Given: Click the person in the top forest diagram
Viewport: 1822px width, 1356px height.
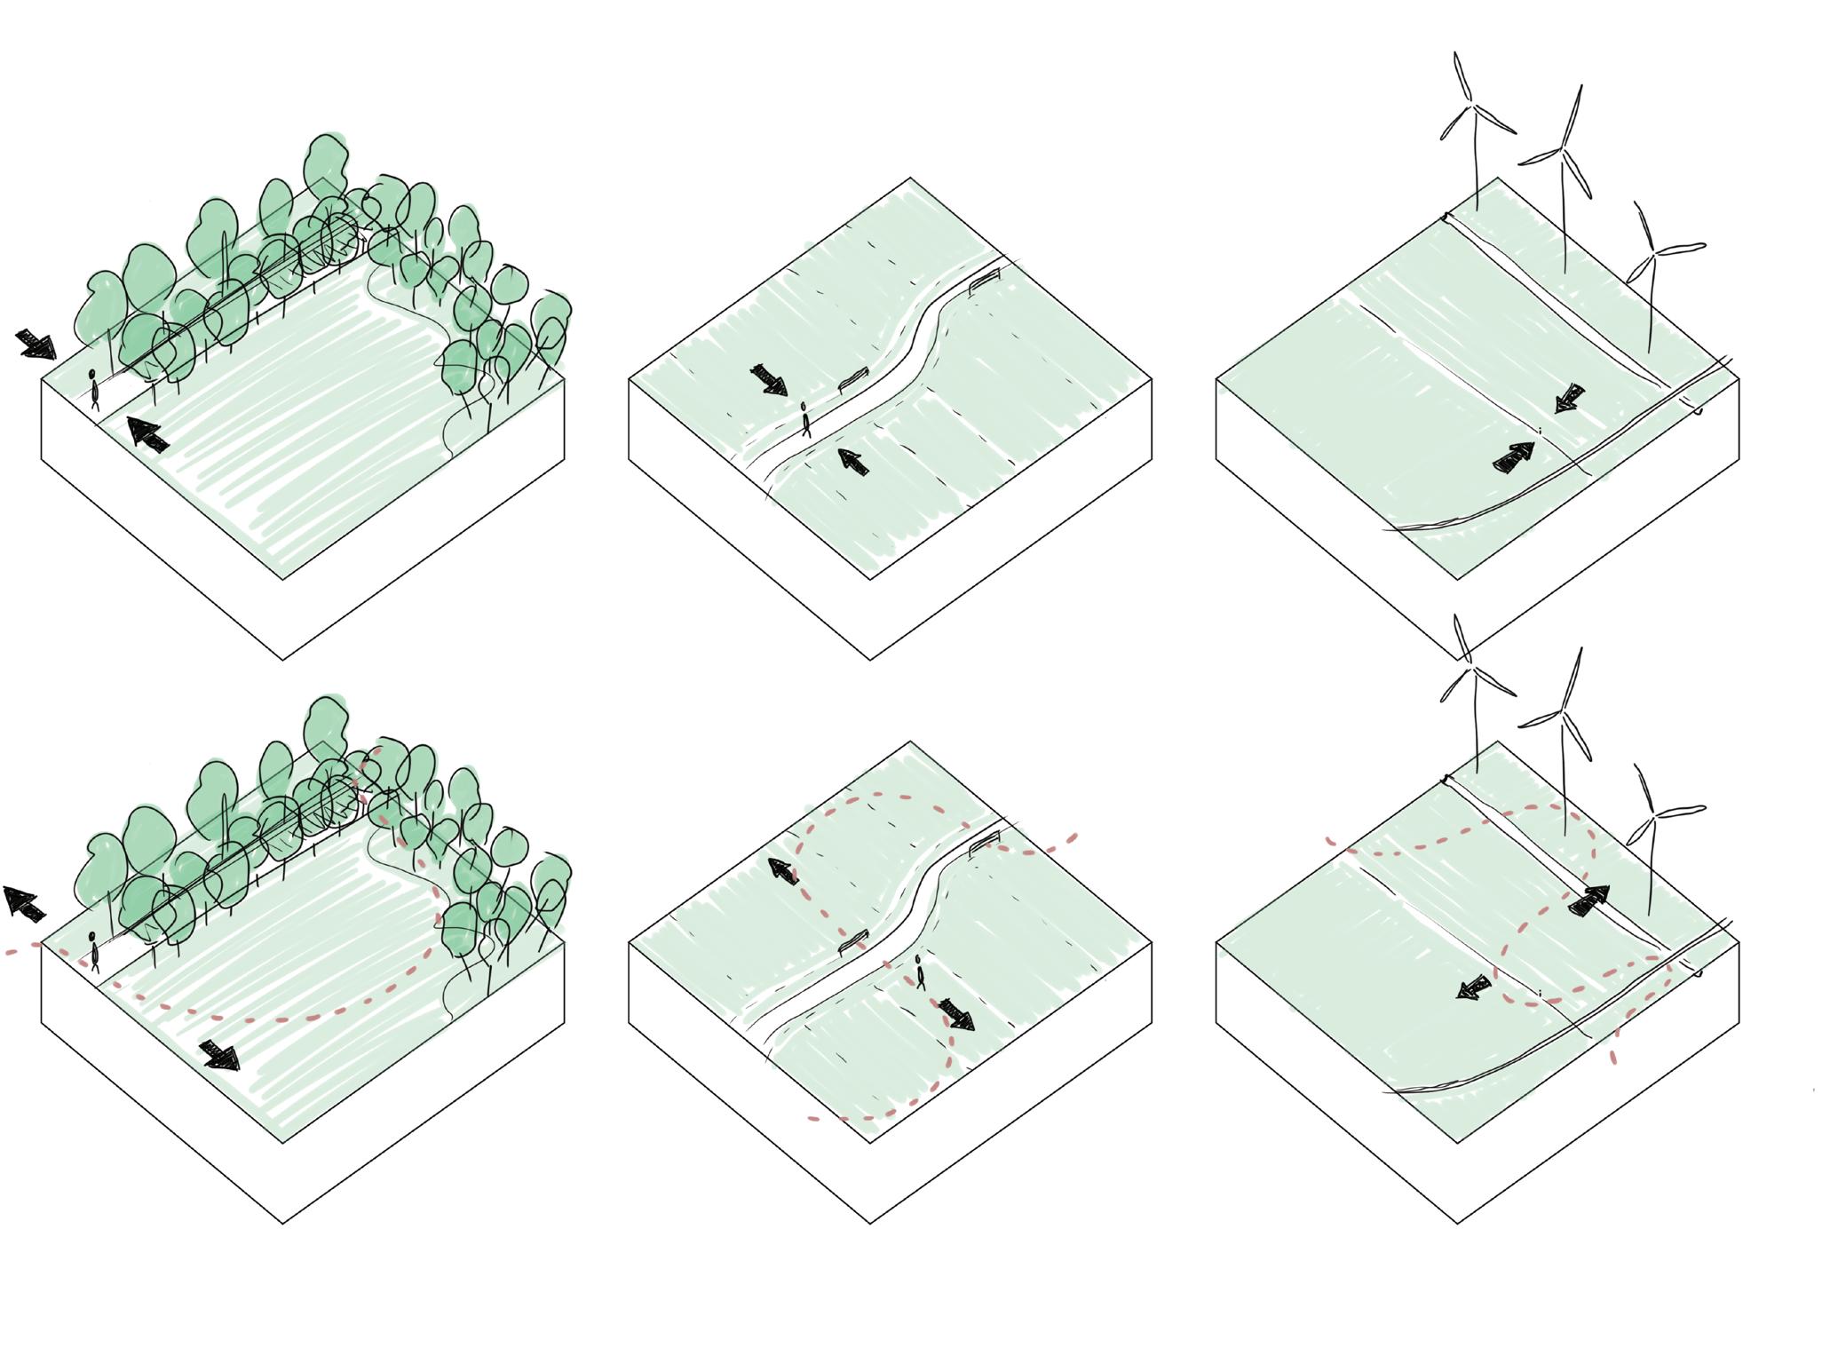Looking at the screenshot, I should pyautogui.click(x=93, y=390).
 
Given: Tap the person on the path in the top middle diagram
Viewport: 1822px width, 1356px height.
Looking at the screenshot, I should pyautogui.click(x=805, y=420).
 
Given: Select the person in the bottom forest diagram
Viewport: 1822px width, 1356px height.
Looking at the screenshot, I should pyautogui.click(x=93, y=951).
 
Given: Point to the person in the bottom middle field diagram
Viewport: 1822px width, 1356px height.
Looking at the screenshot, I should pyautogui.click(x=920, y=971).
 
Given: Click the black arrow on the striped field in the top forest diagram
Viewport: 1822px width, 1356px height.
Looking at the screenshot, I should pyautogui.click(x=147, y=434).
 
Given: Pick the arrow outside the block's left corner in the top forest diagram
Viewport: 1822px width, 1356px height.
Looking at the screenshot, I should pyautogui.click(x=36, y=344).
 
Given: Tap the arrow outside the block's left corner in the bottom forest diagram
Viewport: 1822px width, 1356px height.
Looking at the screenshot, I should pyautogui.click(x=25, y=903).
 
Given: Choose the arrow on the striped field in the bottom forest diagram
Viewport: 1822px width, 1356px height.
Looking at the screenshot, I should pyautogui.click(x=219, y=1055).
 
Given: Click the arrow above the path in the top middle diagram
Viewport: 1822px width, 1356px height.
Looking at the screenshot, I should pyautogui.click(x=769, y=379).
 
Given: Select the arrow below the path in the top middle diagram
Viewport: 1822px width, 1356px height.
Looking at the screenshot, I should pyautogui.click(x=853, y=462).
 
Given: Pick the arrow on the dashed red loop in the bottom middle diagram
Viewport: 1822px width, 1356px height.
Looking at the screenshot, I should pyautogui.click(x=782, y=870).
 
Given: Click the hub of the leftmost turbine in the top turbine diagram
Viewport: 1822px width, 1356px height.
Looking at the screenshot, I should pyautogui.click(x=1473, y=107).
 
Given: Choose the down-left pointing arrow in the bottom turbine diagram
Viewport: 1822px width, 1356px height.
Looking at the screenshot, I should pyautogui.click(x=1475, y=987).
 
